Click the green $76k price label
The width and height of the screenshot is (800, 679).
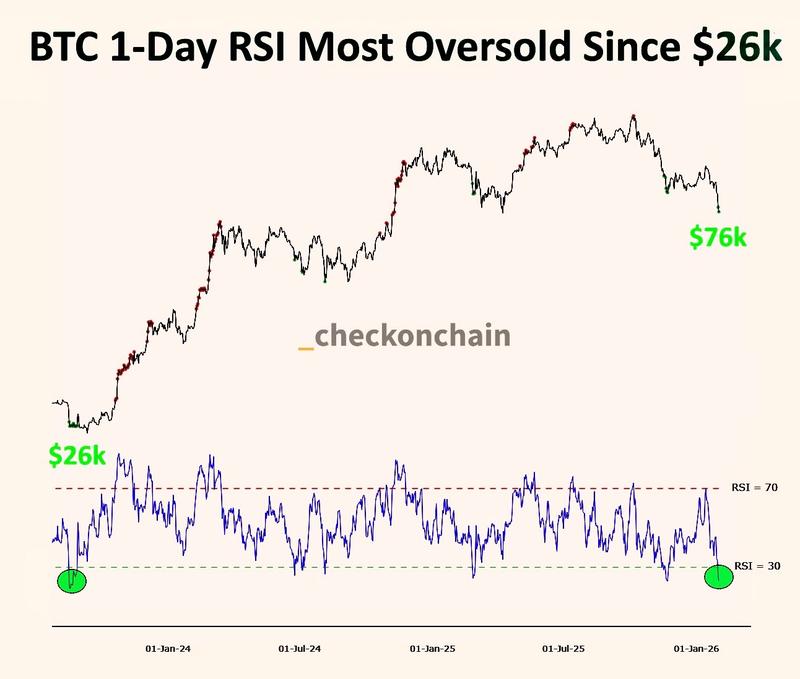click(x=718, y=237)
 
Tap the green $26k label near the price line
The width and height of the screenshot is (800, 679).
click(x=77, y=455)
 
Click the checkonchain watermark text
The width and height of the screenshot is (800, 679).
click(x=413, y=336)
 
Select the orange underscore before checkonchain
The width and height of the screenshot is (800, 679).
click(x=306, y=346)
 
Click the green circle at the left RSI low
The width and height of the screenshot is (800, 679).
click(x=72, y=580)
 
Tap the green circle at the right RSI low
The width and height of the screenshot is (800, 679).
click(x=719, y=576)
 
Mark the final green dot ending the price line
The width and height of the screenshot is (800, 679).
click(x=719, y=210)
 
